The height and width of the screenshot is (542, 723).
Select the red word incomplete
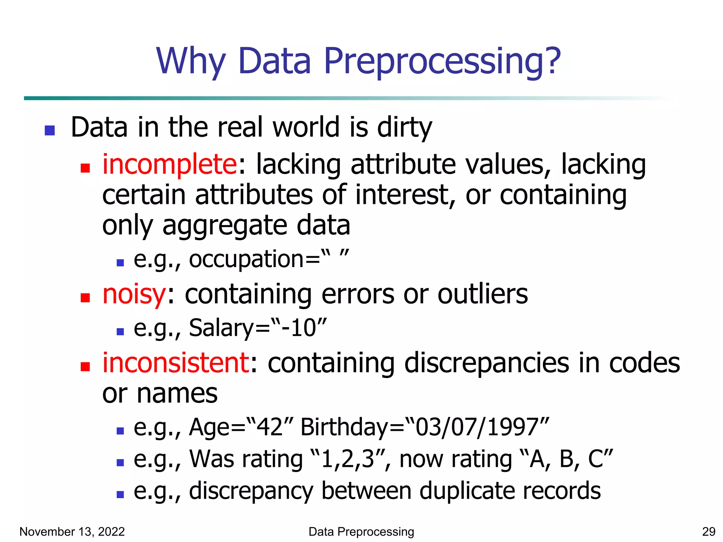click(x=170, y=164)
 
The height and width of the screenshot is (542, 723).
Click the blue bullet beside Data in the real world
click(x=50, y=131)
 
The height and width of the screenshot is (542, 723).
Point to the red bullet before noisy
click(x=85, y=298)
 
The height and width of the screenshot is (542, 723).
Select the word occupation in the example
click(x=246, y=259)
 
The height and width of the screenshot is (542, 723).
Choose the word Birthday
click(x=344, y=427)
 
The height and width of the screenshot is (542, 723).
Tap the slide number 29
click(x=709, y=531)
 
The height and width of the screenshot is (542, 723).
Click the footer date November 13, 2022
click(x=72, y=531)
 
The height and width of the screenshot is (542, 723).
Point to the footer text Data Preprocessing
click(x=361, y=531)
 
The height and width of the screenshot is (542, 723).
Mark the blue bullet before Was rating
click(x=120, y=463)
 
